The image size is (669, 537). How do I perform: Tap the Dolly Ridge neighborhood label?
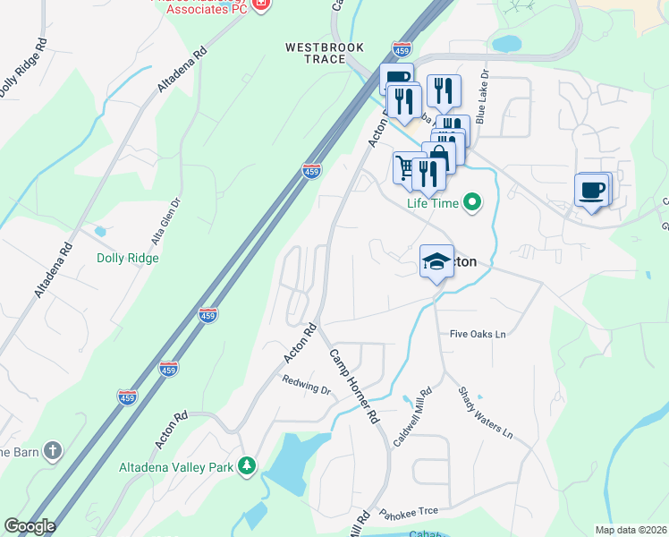(128, 258)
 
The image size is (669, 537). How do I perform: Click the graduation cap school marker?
(436, 260)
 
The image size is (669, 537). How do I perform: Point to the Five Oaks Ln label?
(478, 334)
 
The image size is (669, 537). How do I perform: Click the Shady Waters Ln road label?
(485, 412)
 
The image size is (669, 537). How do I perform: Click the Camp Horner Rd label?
(355, 386)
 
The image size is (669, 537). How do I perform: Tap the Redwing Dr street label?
(307, 390)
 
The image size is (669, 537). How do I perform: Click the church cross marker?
(53, 450)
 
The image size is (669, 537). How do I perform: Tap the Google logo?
(29, 526)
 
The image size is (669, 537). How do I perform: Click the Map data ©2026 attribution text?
(631, 530)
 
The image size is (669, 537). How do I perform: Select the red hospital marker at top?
(261, 4)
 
